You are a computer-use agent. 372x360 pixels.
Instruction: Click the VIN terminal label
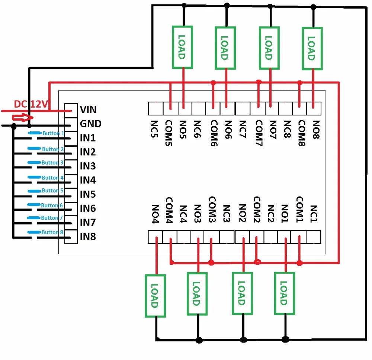click(88, 109)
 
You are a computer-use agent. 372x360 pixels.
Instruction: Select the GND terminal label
click(90, 124)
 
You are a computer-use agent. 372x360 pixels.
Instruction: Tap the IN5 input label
click(88, 194)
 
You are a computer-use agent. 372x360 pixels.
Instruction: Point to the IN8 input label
click(88, 236)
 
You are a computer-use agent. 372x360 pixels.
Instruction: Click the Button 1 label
click(53, 133)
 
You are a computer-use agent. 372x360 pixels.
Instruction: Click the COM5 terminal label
click(168, 133)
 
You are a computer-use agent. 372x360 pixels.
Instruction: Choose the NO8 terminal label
click(315, 130)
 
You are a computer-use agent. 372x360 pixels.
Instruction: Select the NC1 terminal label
click(314, 214)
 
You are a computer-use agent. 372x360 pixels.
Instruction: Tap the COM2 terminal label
click(257, 210)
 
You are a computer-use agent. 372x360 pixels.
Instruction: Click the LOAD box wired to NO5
click(182, 47)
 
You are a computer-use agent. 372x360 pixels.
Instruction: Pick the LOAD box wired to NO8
click(312, 48)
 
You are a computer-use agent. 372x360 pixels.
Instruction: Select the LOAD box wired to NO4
click(155, 296)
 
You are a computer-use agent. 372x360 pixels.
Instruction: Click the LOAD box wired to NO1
click(284, 293)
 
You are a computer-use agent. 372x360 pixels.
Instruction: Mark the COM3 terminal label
click(212, 210)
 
